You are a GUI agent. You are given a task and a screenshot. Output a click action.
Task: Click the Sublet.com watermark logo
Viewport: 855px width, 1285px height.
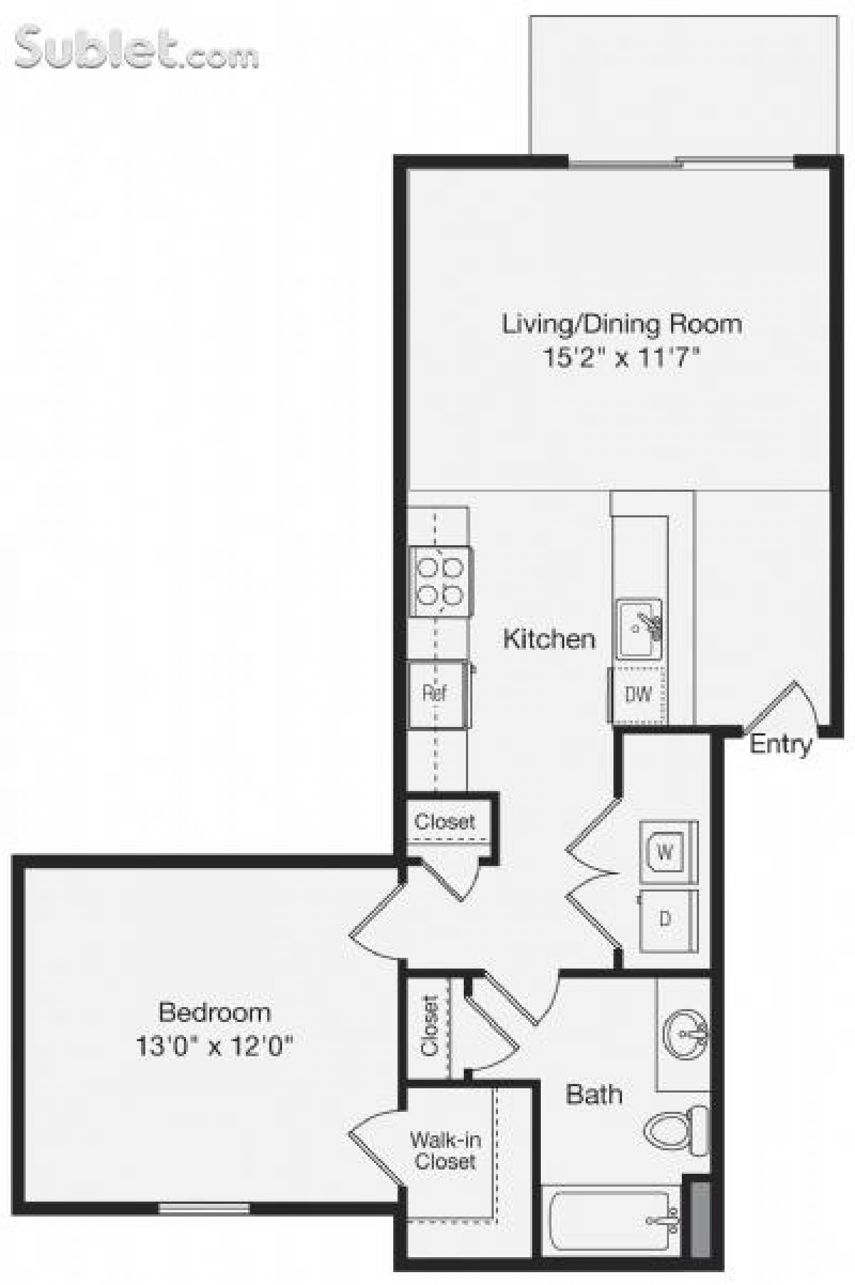[x=135, y=48]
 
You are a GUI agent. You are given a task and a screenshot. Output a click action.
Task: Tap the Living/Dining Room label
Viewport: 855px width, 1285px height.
[x=622, y=324]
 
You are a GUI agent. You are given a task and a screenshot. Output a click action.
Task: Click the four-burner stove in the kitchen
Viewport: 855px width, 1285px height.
[x=440, y=581]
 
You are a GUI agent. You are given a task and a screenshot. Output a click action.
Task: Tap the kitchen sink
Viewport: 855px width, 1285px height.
[x=639, y=629]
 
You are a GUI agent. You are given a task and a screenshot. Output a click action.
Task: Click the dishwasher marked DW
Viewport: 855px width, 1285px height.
[x=638, y=694]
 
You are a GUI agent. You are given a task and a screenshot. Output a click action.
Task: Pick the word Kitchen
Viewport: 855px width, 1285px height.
[x=549, y=639]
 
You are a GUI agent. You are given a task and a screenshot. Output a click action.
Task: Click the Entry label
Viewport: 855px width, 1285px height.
[x=781, y=744]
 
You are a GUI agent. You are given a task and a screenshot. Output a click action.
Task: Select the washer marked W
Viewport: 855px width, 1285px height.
[x=665, y=852]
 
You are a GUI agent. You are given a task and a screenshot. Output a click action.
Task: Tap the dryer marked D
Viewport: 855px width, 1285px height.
[x=665, y=919]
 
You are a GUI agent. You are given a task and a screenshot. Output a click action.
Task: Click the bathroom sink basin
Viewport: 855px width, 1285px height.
[x=685, y=1033]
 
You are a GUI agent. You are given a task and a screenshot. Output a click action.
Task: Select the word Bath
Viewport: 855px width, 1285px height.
[x=594, y=1094]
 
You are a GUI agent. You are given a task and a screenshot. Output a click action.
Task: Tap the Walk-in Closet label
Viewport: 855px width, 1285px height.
[x=445, y=1150]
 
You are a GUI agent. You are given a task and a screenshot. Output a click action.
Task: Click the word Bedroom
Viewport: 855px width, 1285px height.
[x=214, y=1012]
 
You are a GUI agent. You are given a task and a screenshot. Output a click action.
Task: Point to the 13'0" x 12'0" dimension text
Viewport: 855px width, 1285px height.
[x=214, y=1046]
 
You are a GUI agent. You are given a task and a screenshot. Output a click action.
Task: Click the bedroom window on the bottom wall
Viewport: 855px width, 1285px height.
[x=204, y=1208]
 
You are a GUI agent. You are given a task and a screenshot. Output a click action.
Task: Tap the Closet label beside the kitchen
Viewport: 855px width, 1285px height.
[x=445, y=821]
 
